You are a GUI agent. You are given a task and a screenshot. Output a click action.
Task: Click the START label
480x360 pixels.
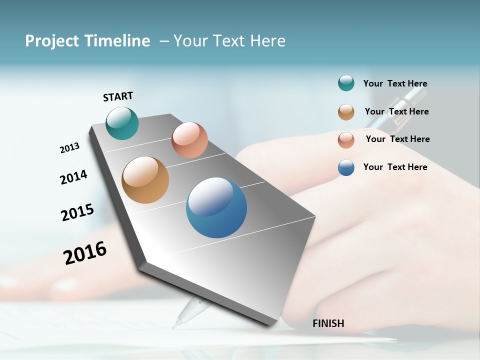[118, 96]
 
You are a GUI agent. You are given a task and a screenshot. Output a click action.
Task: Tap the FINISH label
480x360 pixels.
[328, 323]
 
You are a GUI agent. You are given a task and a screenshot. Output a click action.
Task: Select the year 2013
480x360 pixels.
[69, 148]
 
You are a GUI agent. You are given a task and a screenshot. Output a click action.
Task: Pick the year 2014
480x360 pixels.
[73, 177]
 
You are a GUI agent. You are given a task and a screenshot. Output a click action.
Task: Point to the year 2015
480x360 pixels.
[77, 212]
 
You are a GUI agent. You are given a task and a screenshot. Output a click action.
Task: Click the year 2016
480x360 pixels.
[85, 252]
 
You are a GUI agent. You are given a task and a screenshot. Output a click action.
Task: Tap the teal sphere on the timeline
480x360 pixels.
[122, 123]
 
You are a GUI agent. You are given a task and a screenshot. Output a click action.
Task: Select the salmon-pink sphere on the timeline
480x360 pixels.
[189, 140]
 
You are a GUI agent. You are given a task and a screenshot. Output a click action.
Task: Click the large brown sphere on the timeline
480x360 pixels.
[145, 180]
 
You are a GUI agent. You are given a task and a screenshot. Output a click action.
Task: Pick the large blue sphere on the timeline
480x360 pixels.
[216, 207]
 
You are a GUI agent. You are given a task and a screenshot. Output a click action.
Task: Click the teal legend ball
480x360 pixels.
[346, 83]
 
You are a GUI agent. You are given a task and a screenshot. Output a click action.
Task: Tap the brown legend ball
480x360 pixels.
[346, 111]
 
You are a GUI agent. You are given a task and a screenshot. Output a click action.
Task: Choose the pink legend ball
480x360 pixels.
[346, 139]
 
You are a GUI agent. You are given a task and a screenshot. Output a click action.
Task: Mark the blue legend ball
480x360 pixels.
[346, 167]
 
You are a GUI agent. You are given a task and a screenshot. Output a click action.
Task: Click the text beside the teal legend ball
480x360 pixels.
[395, 83]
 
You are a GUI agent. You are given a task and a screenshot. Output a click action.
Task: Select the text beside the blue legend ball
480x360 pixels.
[395, 167]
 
